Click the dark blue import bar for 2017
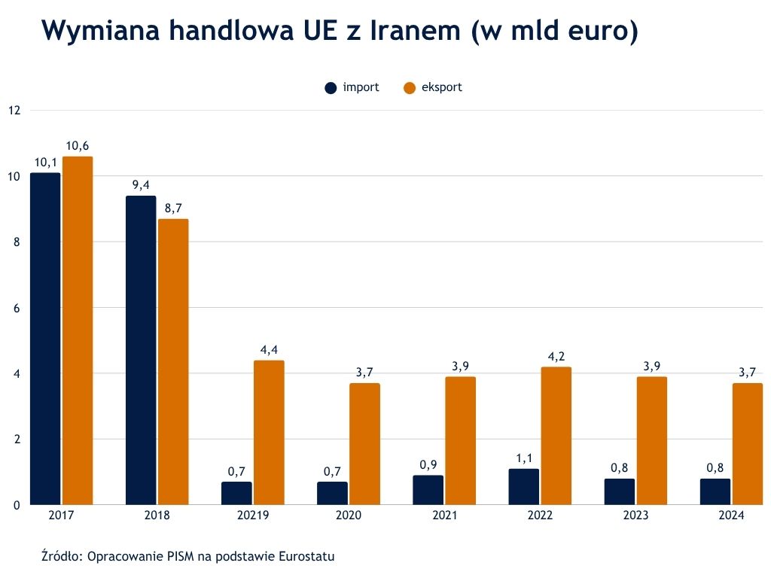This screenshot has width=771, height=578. [45, 339]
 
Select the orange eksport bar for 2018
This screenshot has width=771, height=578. [173, 361]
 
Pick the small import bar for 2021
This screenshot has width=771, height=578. [428, 490]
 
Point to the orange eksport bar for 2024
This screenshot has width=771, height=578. [748, 443]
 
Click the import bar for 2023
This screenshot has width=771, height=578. [619, 491]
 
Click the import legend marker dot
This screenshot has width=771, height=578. [331, 88]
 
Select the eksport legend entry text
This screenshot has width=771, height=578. [441, 87]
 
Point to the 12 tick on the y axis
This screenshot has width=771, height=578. [14, 110]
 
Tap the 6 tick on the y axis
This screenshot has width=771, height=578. [15, 308]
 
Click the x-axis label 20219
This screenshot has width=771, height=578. [252, 516]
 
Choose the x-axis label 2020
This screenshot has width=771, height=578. [349, 516]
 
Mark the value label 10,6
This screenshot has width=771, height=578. [78, 145]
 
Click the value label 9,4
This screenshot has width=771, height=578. [141, 185]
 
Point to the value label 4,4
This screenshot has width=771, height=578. [269, 350]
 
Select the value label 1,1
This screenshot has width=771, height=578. [524, 458]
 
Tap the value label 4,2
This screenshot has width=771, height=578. [556, 357]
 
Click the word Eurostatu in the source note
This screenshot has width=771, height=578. [306, 557]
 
